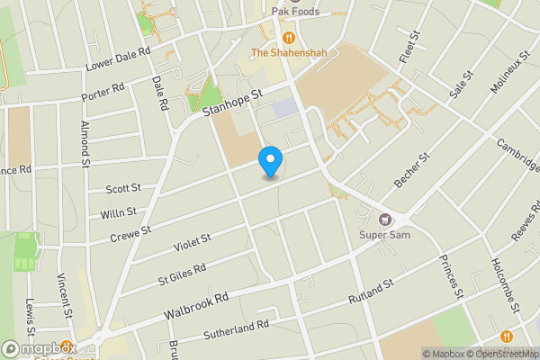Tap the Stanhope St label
point(231,103)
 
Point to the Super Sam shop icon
point(386,220)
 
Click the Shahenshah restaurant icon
point(288,37)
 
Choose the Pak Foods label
point(296,11)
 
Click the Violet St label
point(193,241)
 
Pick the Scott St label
point(123,189)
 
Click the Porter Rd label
point(102,92)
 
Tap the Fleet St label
point(414,47)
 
